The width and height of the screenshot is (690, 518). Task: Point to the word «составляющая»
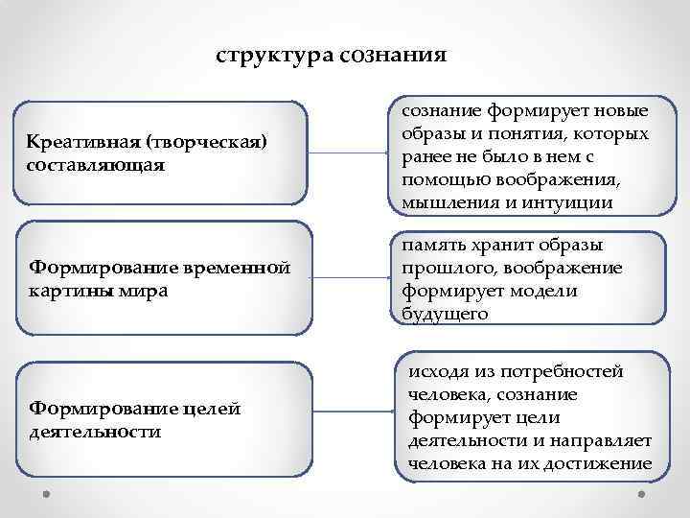pyautogui.click(x=97, y=165)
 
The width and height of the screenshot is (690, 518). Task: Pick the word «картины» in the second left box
pyautogui.click(x=68, y=289)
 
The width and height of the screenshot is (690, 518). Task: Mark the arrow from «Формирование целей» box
pyautogui.click(x=355, y=419)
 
